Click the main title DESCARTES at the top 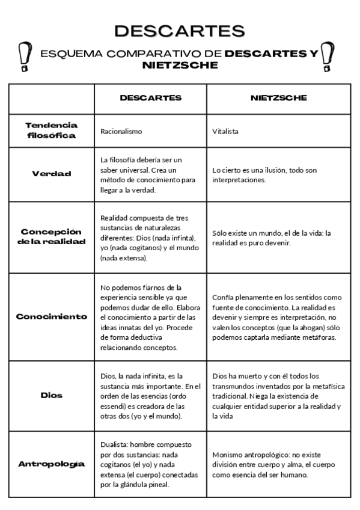point(180,31)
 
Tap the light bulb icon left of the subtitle point(25,57)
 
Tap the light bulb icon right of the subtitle point(328,57)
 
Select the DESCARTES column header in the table point(150,97)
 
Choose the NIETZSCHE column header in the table point(278,97)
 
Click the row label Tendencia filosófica point(52,130)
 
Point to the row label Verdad point(52,174)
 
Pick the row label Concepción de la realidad point(52,237)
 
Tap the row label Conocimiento point(52,316)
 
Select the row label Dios point(52,396)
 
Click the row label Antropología point(52,464)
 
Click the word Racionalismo point(121,131)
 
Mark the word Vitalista point(226,131)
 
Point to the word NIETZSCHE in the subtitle point(180,65)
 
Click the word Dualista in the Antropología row point(114,444)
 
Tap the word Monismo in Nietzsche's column point(227,454)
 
